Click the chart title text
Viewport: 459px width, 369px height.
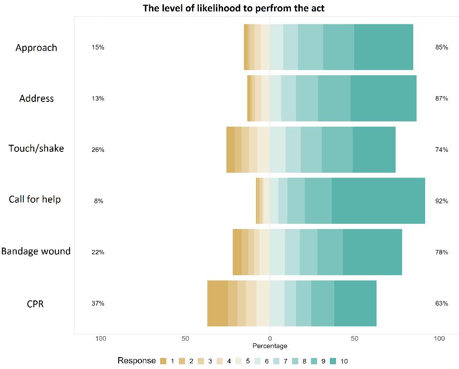234,8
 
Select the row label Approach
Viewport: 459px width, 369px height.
36,48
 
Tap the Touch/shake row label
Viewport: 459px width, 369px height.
36,148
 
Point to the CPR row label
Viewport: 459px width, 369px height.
35,303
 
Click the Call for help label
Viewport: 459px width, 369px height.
35,199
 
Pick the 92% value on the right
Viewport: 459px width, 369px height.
441,201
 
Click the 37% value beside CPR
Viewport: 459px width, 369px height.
98,303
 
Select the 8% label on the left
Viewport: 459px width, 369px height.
98,201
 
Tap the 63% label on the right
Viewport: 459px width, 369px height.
441,303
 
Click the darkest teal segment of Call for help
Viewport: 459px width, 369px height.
378,201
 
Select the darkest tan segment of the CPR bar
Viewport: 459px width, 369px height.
217,303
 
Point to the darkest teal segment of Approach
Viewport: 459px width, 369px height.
384,47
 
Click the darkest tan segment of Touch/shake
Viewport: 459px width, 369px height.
231,150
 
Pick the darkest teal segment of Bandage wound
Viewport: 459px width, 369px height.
372,252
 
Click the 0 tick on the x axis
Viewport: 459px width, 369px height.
270,339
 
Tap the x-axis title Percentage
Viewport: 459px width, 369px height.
270,346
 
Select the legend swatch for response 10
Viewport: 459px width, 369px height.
332,361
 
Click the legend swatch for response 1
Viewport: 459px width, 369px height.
163,361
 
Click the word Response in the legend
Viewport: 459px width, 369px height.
136,360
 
